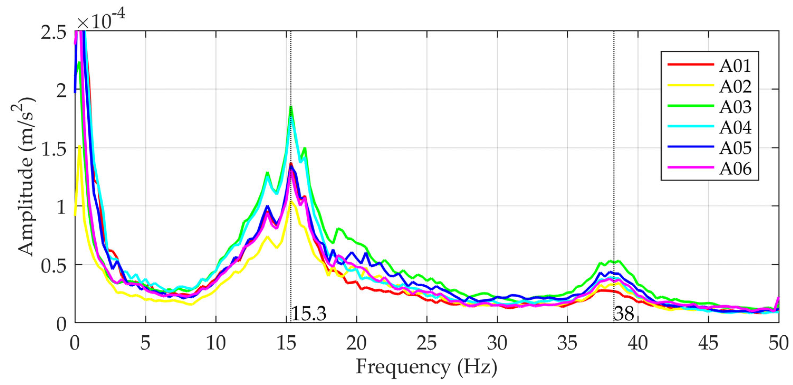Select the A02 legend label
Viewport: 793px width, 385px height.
735,86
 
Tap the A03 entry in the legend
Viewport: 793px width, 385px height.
735,107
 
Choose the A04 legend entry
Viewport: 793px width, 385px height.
735,127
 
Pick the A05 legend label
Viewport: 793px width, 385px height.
735,148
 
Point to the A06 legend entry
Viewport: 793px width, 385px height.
735,169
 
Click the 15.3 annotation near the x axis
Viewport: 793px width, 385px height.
308,314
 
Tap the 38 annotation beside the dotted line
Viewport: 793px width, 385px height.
624,314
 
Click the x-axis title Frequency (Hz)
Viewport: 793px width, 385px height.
426,367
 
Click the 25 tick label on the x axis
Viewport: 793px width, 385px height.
427,343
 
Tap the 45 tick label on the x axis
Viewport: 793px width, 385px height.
708,343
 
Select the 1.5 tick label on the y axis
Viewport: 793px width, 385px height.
54,148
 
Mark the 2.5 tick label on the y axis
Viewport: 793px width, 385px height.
54,32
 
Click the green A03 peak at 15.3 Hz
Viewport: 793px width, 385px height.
291,107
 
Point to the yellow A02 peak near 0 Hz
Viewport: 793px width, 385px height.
80,146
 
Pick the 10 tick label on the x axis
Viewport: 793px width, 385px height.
215,343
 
